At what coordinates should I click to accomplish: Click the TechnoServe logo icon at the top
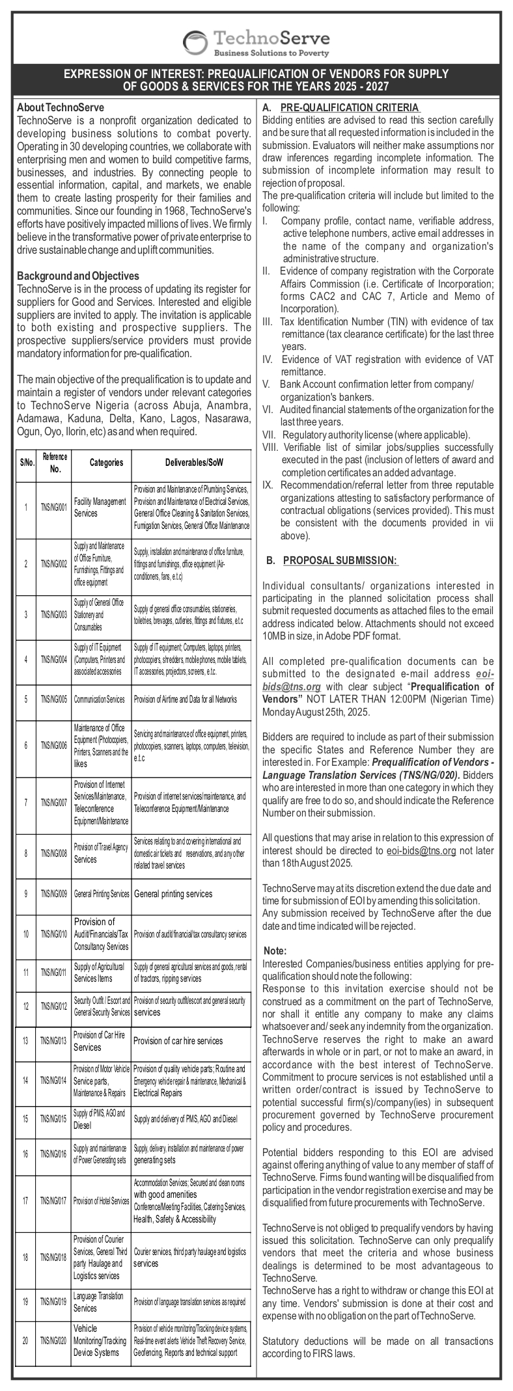point(195,43)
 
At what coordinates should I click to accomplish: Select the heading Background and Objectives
point(77,276)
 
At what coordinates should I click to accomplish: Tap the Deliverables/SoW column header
point(190,463)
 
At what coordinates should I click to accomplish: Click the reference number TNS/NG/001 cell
point(53,508)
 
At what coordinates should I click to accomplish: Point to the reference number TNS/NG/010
point(53,934)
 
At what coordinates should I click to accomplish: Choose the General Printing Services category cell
point(101,894)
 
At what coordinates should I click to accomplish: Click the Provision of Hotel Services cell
point(101,1201)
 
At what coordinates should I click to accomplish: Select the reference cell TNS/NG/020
point(53,1340)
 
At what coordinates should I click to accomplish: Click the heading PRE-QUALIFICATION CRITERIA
point(350,107)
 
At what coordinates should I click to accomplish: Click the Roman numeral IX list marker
point(268,485)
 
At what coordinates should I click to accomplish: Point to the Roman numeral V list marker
point(266,384)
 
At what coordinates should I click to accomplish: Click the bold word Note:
point(275,951)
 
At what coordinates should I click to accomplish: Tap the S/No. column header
point(26,463)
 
